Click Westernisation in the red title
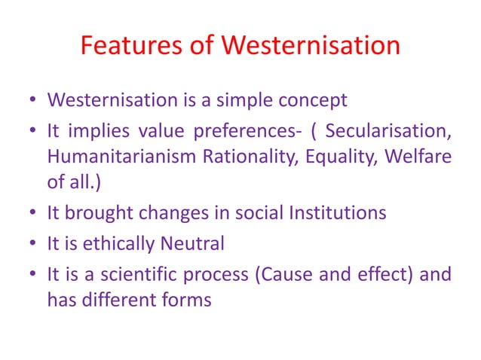point(310,46)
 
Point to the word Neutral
point(198,243)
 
